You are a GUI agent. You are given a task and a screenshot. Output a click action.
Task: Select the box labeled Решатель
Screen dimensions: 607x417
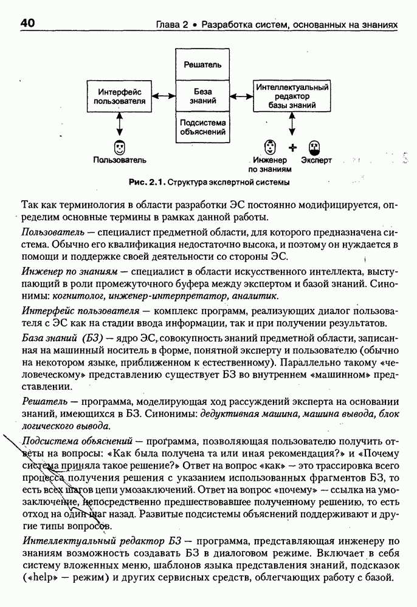(x=202, y=64)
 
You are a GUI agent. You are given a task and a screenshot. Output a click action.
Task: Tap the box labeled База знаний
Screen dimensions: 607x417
(x=202, y=95)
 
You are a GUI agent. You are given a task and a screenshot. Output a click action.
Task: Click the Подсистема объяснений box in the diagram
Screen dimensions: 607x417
(x=202, y=127)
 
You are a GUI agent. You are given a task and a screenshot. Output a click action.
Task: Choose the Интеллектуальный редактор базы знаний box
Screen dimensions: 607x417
(x=292, y=96)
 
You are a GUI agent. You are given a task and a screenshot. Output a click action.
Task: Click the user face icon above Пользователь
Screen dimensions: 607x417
(x=120, y=148)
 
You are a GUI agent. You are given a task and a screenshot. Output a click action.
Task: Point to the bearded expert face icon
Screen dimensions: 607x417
(x=314, y=147)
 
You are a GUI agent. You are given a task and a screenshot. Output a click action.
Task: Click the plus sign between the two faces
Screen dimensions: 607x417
(x=293, y=147)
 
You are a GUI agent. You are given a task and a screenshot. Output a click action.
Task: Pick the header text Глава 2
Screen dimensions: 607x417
(x=172, y=25)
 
